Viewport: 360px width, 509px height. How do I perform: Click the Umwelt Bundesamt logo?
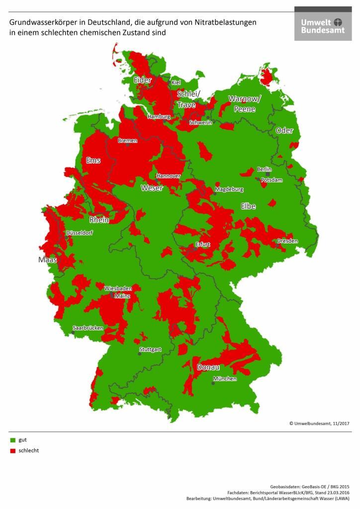click(323, 23)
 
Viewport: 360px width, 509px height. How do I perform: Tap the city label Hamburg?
click(159, 117)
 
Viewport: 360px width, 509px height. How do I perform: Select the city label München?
click(225, 379)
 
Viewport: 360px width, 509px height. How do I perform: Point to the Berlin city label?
click(264, 170)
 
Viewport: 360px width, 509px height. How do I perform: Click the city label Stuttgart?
click(150, 349)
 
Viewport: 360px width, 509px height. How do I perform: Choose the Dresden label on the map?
click(287, 241)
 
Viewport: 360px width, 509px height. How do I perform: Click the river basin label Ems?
click(93, 161)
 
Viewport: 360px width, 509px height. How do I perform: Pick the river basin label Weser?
click(152, 188)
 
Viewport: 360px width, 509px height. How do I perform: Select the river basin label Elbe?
click(248, 206)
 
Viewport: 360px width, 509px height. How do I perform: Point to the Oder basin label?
click(284, 131)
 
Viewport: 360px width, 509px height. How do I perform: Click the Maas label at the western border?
click(48, 259)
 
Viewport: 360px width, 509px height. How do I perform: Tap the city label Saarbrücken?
click(88, 328)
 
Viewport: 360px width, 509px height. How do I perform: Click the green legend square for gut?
click(12, 440)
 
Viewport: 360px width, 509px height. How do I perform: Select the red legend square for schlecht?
click(12, 451)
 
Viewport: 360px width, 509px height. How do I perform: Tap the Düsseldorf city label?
click(79, 233)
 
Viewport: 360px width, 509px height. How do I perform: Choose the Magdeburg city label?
click(229, 189)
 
